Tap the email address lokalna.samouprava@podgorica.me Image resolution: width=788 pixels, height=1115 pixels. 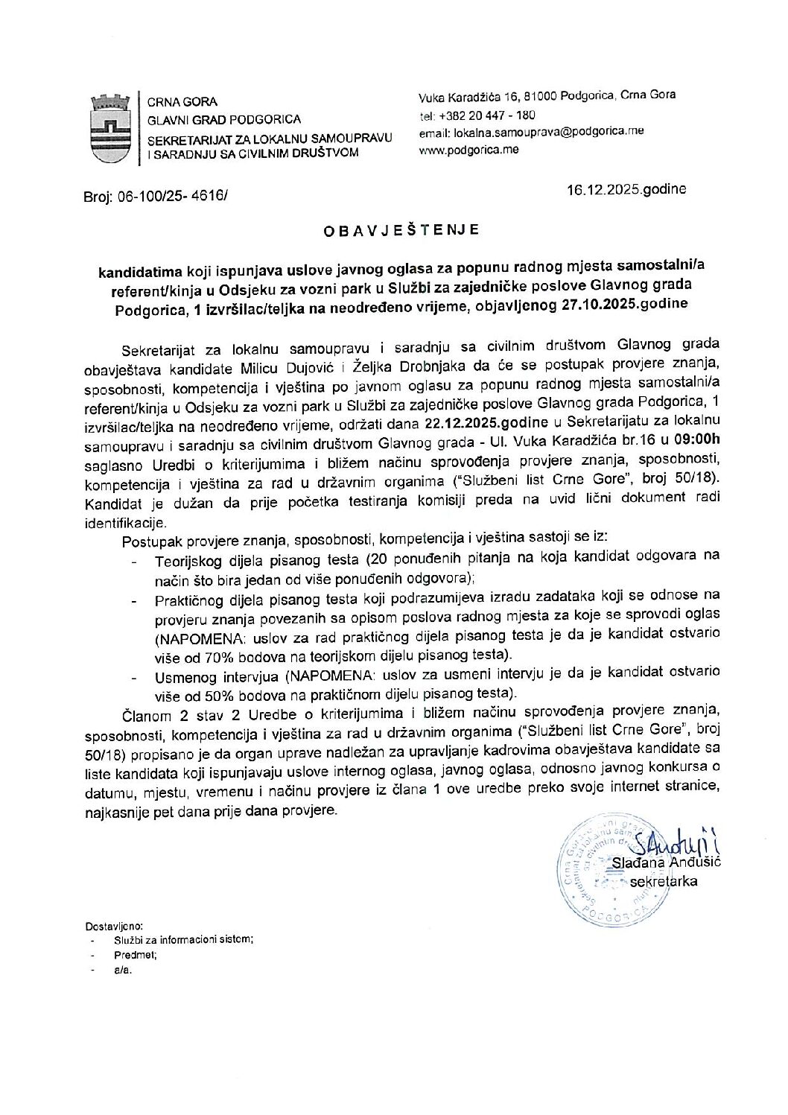[531, 131]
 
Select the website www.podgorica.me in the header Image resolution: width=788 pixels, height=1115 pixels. [468, 149]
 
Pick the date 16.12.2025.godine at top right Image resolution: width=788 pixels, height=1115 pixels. [626, 189]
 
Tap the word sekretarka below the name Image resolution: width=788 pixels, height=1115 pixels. [663, 881]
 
